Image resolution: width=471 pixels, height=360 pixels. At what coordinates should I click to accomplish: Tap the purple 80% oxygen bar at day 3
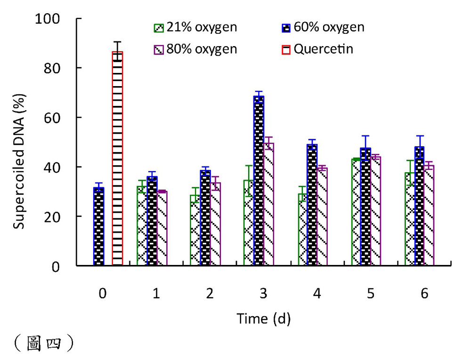pyautogui.click(x=269, y=205)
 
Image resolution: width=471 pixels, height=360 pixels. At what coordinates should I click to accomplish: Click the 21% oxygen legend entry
pyautogui.click(x=196, y=27)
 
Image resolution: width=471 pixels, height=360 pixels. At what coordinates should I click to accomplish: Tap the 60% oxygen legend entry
pyautogui.click(x=323, y=27)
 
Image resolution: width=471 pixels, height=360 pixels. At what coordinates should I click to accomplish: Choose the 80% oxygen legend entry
pyautogui.click(x=196, y=49)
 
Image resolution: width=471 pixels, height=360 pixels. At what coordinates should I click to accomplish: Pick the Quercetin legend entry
pyautogui.click(x=318, y=49)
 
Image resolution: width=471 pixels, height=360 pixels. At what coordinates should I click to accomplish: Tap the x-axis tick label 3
pyautogui.click(x=263, y=294)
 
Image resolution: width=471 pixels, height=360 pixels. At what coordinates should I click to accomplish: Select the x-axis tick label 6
pyautogui.click(x=424, y=294)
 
